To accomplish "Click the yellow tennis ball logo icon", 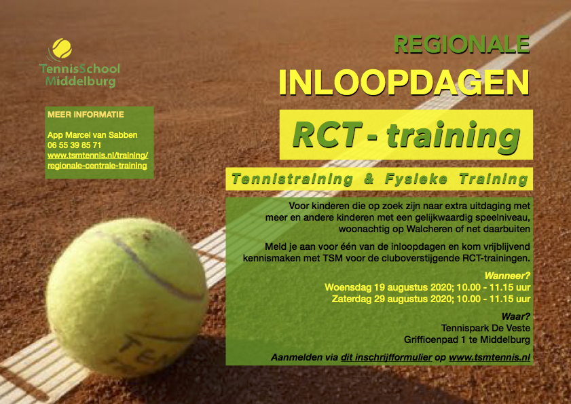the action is (62, 48).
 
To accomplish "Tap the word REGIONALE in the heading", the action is (462, 44).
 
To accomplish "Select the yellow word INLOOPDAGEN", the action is (404, 82).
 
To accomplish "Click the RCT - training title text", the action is (406, 135).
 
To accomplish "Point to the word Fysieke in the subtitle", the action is (416, 179).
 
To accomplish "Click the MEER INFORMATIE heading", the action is (86, 114).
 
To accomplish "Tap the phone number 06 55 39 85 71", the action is (74, 145).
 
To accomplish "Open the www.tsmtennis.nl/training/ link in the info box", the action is (98, 155).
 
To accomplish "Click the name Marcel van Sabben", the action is (101, 135).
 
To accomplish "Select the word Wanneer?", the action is (507, 276).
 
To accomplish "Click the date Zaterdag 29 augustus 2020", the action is (392, 299).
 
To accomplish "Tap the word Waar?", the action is (515, 316).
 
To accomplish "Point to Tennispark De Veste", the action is (485, 328).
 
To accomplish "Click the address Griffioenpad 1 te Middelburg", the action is (467, 339).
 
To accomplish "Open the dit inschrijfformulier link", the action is (386, 357).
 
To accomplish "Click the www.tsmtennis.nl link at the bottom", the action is (490, 357).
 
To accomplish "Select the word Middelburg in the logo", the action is (81, 81).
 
